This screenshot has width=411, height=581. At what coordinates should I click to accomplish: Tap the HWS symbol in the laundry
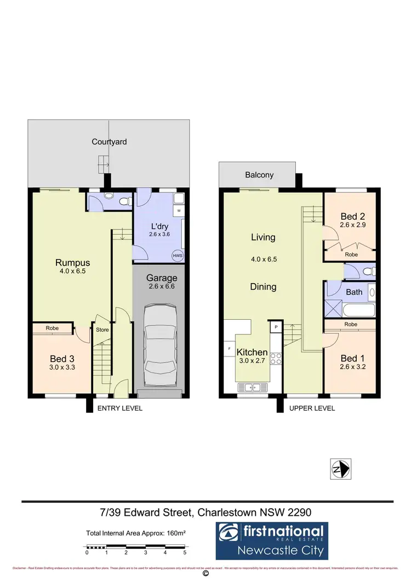177,256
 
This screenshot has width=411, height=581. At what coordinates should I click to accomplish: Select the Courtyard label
109,142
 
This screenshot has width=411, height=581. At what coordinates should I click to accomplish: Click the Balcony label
259,175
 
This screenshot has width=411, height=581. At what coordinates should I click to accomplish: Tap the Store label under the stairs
102,330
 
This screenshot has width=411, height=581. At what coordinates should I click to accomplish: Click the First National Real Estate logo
272,540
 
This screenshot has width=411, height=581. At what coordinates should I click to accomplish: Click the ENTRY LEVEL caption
119,409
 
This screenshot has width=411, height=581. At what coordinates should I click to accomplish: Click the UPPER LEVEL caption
312,409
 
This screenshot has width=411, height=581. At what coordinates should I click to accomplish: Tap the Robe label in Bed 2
351,255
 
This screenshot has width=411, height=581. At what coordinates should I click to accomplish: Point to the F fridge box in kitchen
229,348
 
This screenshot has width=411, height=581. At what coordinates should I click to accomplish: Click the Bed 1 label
352,359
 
